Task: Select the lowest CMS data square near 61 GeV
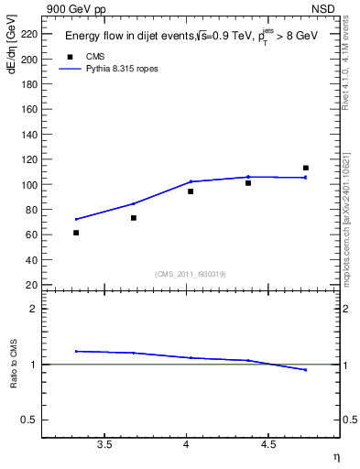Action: click(x=76, y=233)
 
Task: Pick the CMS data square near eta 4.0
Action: click(x=191, y=191)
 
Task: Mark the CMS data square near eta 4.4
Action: click(x=248, y=183)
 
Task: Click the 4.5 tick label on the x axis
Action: click(x=268, y=446)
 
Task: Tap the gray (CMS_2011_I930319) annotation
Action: click(x=191, y=274)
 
